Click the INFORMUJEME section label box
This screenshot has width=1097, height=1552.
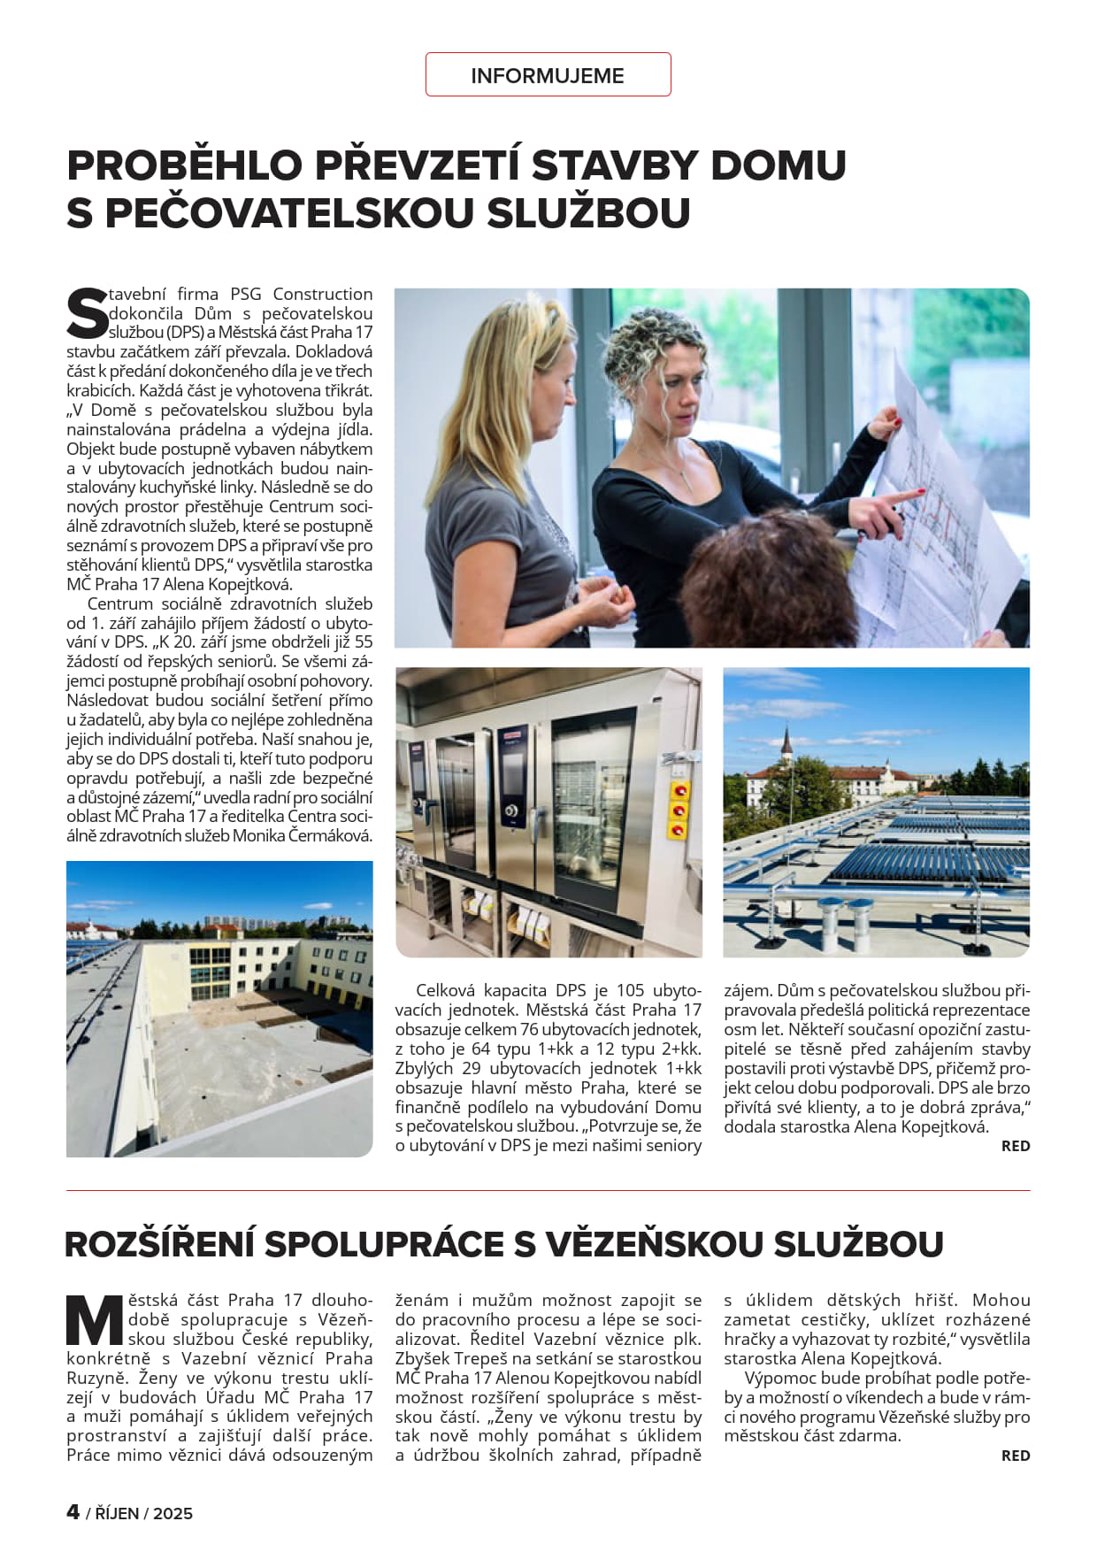(548, 75)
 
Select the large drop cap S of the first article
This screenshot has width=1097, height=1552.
(87, 313)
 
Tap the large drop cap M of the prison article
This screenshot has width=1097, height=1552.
(95, 1320)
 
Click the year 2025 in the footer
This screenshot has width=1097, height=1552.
(173, 1513)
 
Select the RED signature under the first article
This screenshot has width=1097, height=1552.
(1015, 1146)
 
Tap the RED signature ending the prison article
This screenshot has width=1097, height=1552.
(1015, 1456)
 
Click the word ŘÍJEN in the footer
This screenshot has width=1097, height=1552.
(117, 1513)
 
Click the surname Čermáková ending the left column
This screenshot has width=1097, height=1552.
(330, 835)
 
